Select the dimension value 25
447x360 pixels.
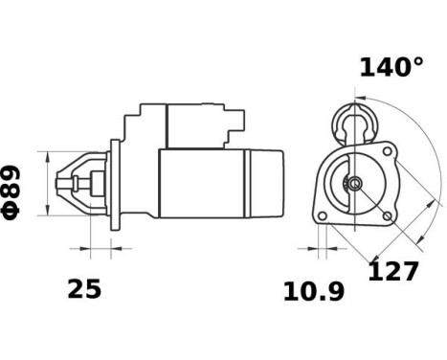84,289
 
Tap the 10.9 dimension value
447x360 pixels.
313,291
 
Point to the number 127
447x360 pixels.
393,271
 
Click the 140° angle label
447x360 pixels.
391,67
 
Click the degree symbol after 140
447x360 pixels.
416,61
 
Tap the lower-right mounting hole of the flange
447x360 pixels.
387,216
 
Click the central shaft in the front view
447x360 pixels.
355,184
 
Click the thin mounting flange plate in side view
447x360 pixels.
113,183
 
